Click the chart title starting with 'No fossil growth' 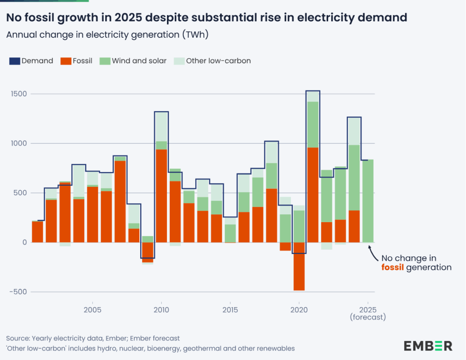[x=206, y=18]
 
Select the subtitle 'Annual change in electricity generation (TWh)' [x=107, y=35]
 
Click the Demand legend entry [x=31, y=61]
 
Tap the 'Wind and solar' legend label [x=139, y=61]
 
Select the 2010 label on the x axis [x=162, y=310]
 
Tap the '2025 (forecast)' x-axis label [x=368, y=313]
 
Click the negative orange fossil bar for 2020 [x=299, y=266]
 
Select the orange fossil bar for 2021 [x=313, y=195]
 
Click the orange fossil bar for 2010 [x=162, y=196]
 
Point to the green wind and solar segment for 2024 [x=354, y=177]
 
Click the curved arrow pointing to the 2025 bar [x=372, y=251]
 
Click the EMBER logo [x=428, y=345]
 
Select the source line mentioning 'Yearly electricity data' [x=93, y=338]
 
